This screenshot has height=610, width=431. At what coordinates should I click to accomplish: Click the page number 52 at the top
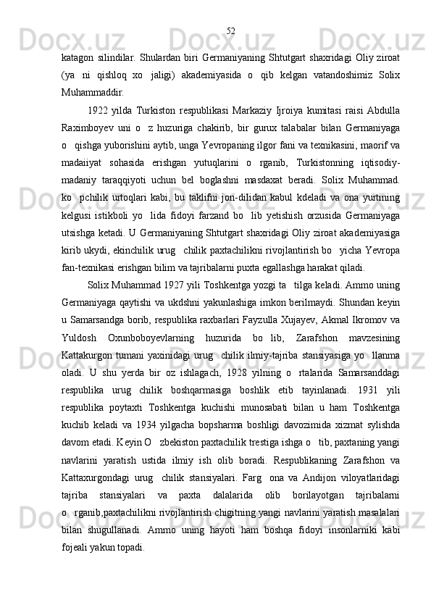point(230,31)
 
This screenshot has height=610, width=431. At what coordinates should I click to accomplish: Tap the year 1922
point(98,110)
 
